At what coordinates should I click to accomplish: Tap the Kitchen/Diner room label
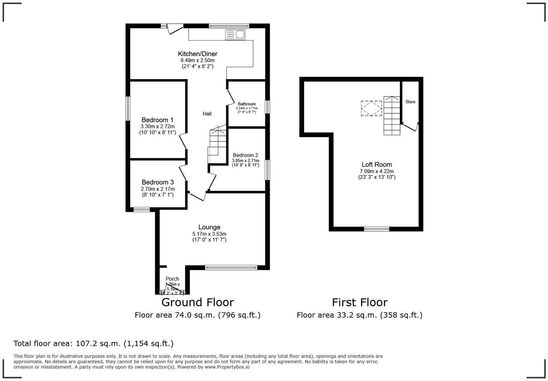[x=197, y=54]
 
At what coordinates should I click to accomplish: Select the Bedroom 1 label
[x=157, y=120]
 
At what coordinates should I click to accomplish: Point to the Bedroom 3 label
[x=158, y=182]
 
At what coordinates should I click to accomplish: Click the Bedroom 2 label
[x=245, y=155]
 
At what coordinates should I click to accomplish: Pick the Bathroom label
[x=247, y=104]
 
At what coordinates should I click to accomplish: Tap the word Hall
[x=207, y=114]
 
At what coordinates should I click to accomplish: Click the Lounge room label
[x=209, y=227]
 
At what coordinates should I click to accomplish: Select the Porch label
[x=172, y=279]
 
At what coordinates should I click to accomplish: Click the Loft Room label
[x=376, y=165]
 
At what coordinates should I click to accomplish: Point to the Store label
[x=410, y=102]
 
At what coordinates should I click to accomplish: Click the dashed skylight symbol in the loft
[x=372, y=109]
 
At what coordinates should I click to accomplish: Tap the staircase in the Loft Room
[x=392, y=116]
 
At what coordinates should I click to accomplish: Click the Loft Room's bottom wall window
[x=376, y=229]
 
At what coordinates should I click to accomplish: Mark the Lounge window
[x=231, y=268]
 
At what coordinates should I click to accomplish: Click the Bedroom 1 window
[x=128, y=109]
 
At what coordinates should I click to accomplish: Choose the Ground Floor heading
[x=197, y=302]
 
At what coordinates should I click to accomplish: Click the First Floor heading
[x=360, y=302]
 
